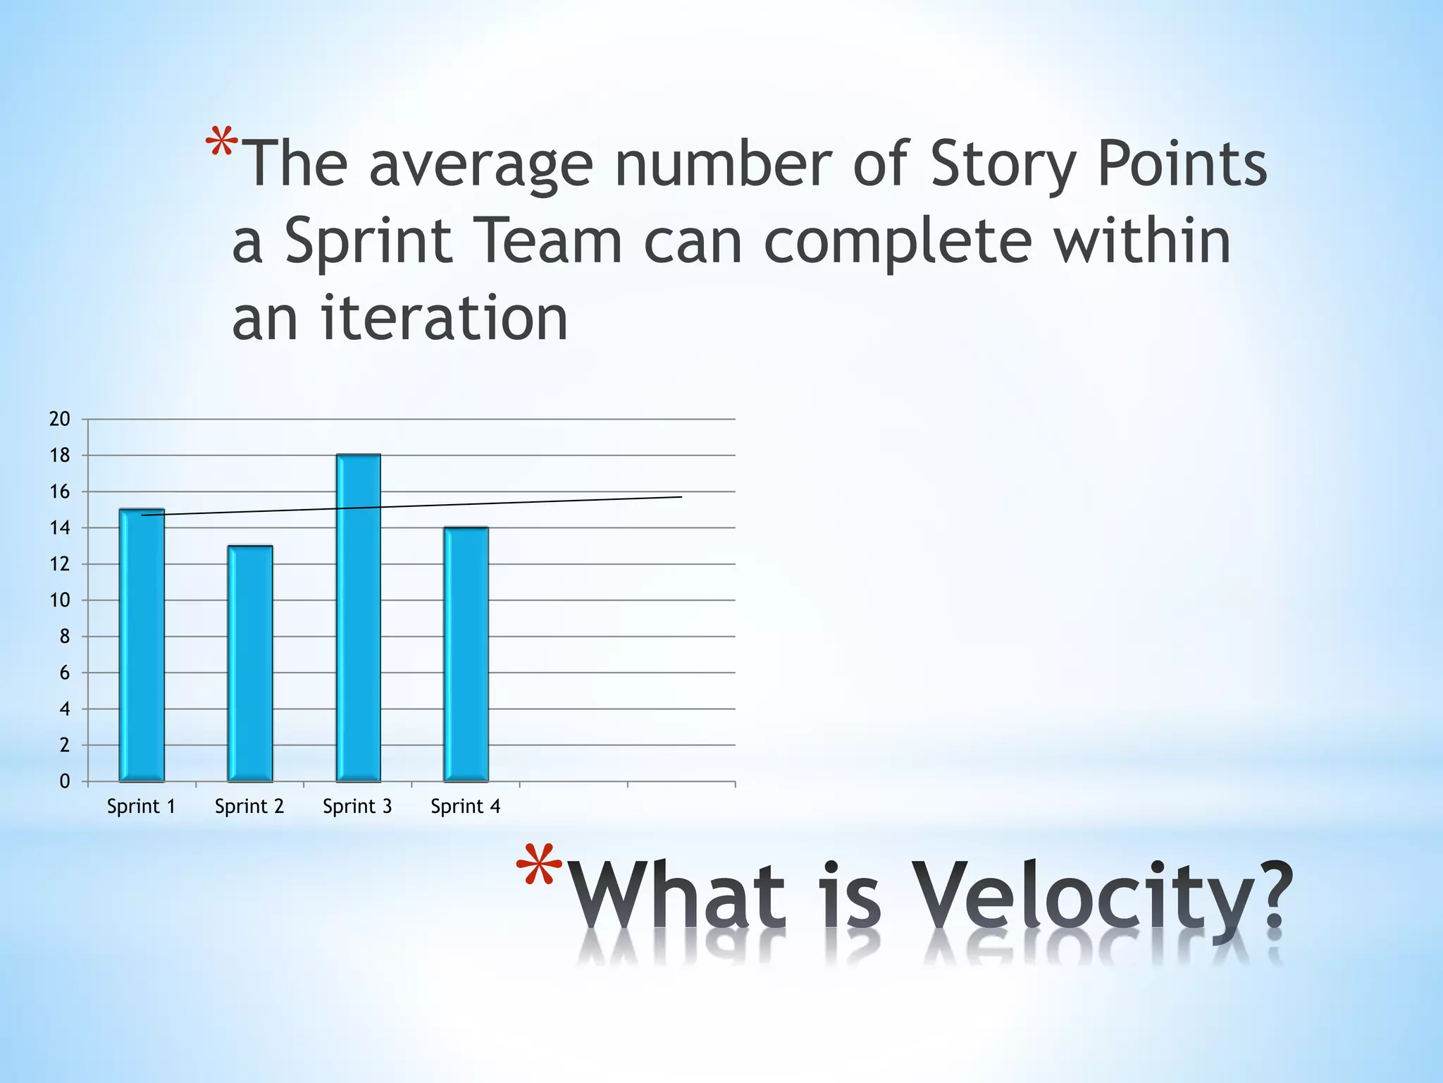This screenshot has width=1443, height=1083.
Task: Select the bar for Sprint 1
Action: [142, 644]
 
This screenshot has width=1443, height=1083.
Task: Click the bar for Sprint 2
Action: [250, 663]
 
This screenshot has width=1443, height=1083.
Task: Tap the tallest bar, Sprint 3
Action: [359, 618]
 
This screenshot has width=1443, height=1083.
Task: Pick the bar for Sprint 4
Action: [466, 654]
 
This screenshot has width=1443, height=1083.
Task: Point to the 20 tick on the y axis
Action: [60, 419]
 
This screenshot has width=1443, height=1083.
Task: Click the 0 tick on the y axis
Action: [65, 781]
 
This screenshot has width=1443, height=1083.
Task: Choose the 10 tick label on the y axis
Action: [60, 600]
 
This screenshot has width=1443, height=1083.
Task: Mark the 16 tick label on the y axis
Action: [60, 491]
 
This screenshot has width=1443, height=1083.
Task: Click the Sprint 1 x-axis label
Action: [141, 806]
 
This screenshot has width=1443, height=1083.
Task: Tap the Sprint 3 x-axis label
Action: [357, 806]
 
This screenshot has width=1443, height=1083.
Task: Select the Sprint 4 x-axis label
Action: [465, 806]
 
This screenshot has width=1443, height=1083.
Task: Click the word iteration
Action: [445, 318]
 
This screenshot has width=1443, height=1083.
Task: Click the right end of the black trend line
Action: [681, 497]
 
